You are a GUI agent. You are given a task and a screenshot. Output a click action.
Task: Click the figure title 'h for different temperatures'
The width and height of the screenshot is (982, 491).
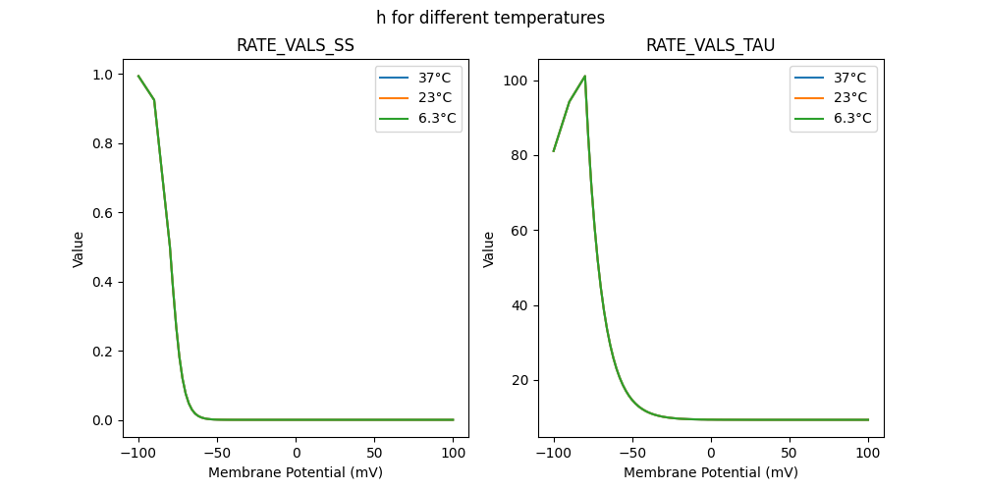pyautogui.click(x=490, y=18)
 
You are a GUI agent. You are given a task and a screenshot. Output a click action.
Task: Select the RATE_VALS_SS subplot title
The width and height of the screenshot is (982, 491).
pyautogui.click(x=296, y=46)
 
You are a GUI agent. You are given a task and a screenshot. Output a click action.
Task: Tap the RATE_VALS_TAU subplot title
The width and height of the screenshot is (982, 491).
pyautogui.click(x=710, y=46)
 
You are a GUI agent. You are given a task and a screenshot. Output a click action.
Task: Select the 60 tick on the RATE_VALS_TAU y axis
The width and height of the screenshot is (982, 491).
pyautogui.click(x=520, y=231)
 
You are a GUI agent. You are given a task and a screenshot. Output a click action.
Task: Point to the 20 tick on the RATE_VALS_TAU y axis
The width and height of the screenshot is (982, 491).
pyautogui.click(x=520, y=380)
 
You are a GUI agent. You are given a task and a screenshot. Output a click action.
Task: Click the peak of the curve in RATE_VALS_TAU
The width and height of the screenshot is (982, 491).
pyautogui.click(x=585, y=76)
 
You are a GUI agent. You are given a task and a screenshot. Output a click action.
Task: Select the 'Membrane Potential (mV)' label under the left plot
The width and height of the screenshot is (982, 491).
pyautogui.click(x=296, y=472)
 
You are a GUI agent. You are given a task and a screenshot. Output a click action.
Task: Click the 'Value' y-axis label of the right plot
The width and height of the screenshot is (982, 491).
pyautogui.click(x=489, y=249)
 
